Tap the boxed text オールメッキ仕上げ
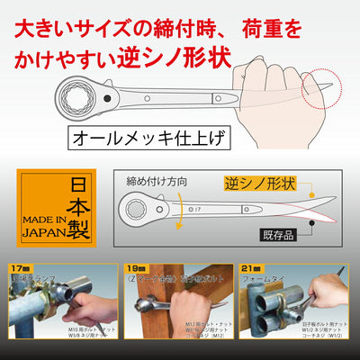tap(147, 139)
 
